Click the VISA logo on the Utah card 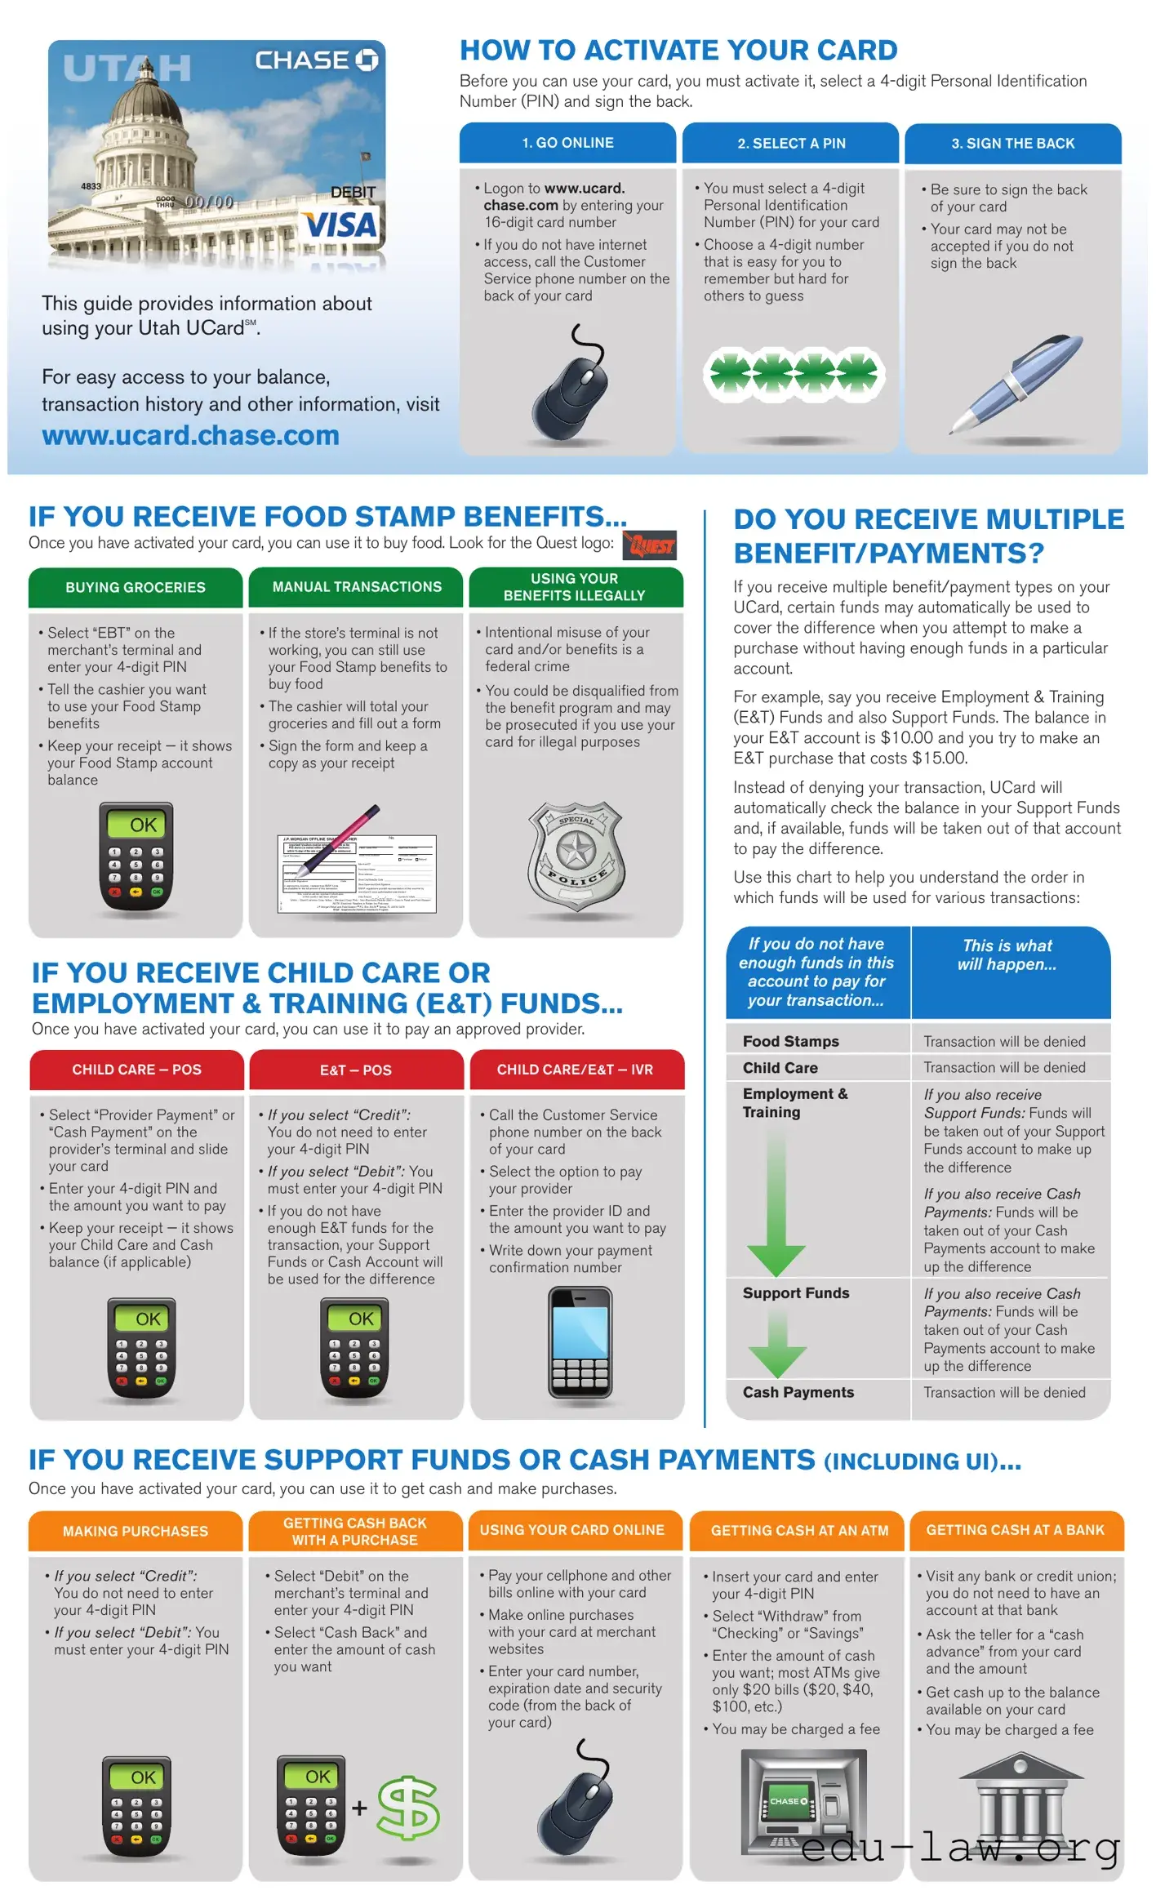(x=340, y=225)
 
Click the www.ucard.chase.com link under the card (x=190, y=435)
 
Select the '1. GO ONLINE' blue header (x=567, y=143)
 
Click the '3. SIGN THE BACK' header (x=1012, y=144)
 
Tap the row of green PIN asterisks (x=790, y=375)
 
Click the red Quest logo (x=650, y=545)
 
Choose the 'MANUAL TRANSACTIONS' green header (x=357, y=587)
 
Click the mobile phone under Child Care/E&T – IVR (x=580, y=1344)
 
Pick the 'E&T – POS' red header (x=356, y=1070)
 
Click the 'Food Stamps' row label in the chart (x=790, y=1041)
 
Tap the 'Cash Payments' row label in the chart (x=798, y=1392)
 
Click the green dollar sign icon (x=408, y=1808)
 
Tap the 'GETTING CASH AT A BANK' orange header (x=1015, y=1530)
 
